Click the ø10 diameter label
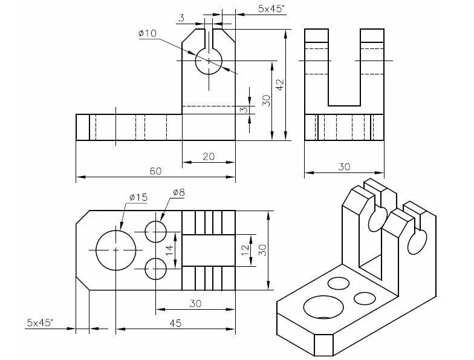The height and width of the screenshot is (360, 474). coord(147,34)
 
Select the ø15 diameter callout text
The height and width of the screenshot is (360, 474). coord(138,197)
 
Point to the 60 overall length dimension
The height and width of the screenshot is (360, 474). coord(155,171)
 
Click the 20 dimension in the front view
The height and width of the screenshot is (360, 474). coord(208,156)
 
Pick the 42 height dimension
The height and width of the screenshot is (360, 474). coord(279,85)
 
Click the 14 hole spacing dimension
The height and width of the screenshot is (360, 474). coord(170,247)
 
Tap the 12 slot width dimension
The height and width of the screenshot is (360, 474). coord(245,249)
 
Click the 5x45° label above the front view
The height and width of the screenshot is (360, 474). coord(271,9)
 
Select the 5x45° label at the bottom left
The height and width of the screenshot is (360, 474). coord(40,322)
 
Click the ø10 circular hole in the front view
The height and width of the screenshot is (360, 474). coord(209,61)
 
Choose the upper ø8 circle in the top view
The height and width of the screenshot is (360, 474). coord(156,231)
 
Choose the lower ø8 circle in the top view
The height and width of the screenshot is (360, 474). coord(156,268)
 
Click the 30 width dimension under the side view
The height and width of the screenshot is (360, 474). coord(343,167)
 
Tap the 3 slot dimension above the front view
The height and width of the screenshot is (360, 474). coord(181,19)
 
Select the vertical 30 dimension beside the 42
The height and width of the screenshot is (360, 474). coord(265,100)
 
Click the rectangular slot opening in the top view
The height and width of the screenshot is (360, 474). coord(208,250)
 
